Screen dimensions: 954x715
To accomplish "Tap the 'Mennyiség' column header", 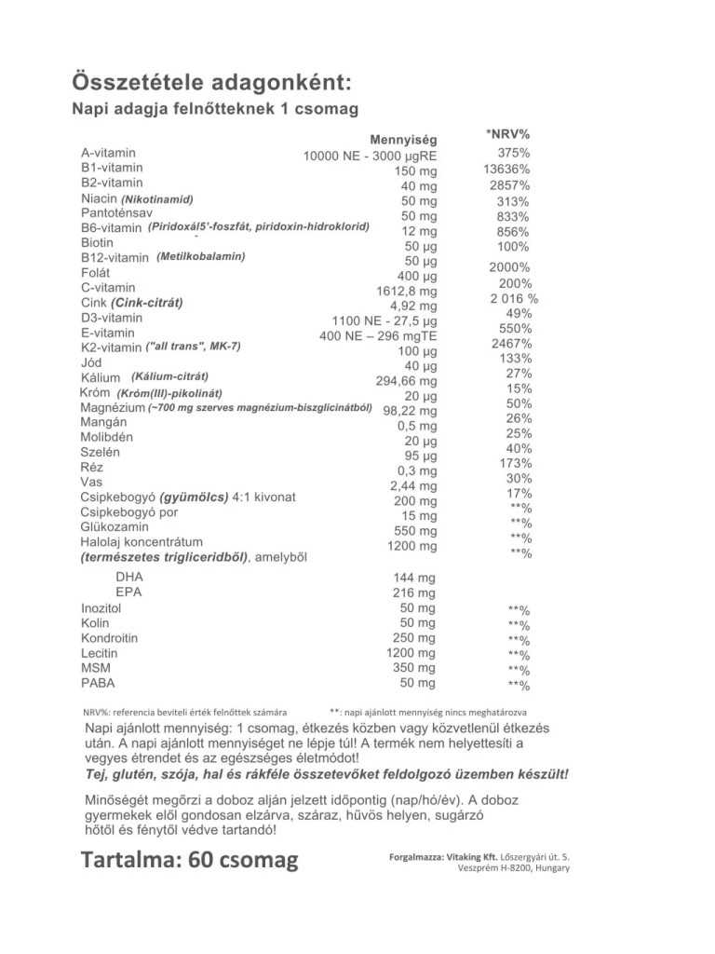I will [x=403, y=140].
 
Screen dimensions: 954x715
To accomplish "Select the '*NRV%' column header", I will [x=507, y=134].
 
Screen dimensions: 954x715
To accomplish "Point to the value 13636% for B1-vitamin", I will [x=506, y=170].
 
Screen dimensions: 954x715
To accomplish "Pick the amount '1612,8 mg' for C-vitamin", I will [x=406, y=291].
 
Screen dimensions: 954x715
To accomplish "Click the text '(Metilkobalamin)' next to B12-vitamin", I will [x=201, y=256].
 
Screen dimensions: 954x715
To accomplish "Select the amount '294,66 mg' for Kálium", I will [x=406, y=381].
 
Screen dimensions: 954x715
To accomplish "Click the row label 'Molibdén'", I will [x=107, y=437].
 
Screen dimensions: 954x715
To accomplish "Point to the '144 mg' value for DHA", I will [x=414, y=578].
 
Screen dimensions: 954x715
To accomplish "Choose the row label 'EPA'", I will [x=128, y=592].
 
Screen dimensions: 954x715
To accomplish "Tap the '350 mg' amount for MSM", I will [x=414, y=669].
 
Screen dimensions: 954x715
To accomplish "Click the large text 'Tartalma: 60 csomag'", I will [x=190, y=859].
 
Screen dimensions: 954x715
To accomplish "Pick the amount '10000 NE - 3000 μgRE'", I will [x=370, y=156].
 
